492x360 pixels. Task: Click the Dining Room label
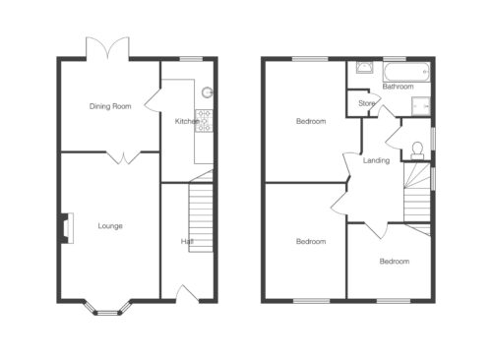tap(110, 106)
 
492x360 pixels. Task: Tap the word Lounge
tap(110, 226)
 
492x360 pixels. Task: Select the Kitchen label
tap(187, 121)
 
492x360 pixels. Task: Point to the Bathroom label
tap(398, 87)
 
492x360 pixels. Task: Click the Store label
tap(366, 103)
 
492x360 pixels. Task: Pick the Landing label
tap(376, 160)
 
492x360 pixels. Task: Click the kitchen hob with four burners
tap(204, 121)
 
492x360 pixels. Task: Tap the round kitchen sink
tap(207, 92)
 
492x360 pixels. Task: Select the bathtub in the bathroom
tap(406, 72)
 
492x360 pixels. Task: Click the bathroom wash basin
tap(364, 67)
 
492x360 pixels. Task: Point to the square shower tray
tap(421, 106)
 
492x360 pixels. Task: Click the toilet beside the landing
tap(417, 150)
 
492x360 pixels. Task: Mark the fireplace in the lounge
tap(66, 228)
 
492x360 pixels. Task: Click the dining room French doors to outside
tap(107, 48)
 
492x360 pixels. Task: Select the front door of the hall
tap(188, 294)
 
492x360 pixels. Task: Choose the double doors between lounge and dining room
tap(124, 157)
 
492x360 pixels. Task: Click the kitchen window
tap(192, 59)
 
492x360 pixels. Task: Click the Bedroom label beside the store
tap(311, 121)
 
